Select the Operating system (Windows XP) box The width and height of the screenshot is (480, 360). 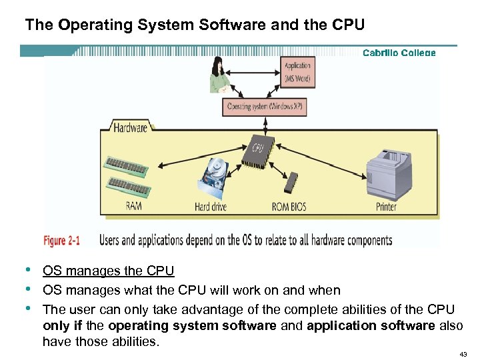[x=265, y=107]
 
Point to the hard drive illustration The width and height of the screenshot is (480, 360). [x=214, y=177]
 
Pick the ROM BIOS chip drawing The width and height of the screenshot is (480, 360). [x=291, y=183]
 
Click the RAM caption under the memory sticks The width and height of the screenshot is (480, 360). [x=133, y=206]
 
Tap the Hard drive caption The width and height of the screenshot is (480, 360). [x=211, y=207]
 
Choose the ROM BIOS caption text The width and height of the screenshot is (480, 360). [x=289, y=207]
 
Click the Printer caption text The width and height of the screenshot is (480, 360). [x=386, y=207]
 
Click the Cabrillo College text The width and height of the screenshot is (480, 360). [x=399, y=53]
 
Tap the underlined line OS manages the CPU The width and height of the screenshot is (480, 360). [x=108, y=271]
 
